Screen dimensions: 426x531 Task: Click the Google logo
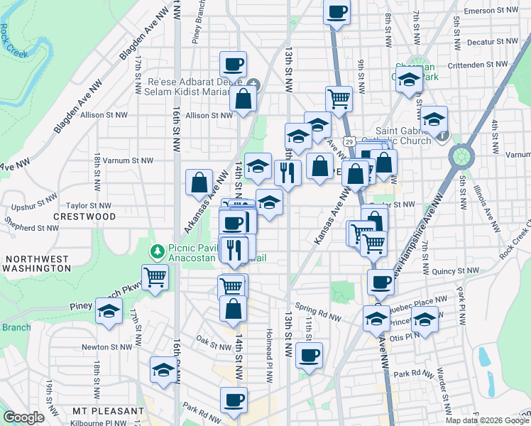point(23,417)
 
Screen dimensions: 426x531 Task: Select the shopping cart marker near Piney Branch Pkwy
point(155,276)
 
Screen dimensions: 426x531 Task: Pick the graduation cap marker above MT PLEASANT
point(163,370)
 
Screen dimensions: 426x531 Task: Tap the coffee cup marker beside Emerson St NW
point(337,11)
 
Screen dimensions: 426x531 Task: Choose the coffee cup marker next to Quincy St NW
point(381,282)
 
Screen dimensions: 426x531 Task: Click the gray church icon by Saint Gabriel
point(442,136)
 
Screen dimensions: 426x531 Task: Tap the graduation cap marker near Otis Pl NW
point(425,320)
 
